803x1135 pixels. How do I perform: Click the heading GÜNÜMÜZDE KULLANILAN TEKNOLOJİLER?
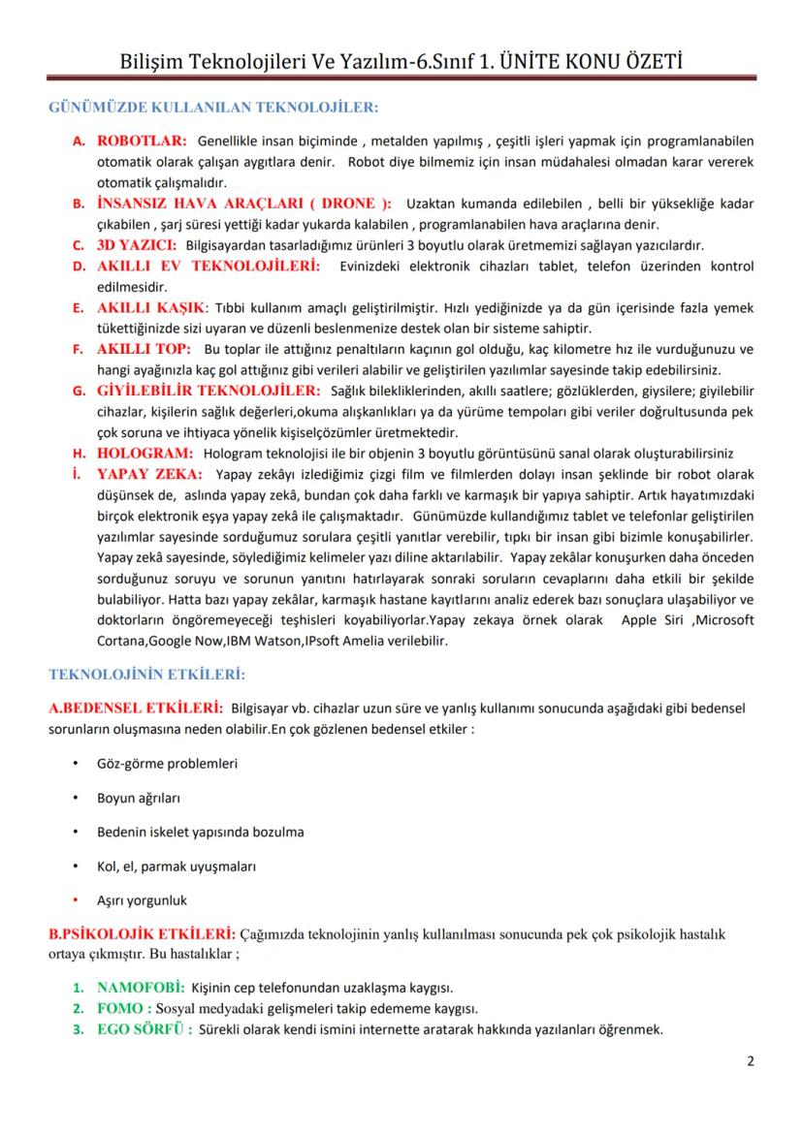pos(212,106)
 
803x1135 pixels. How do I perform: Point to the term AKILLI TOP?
pos(144,348)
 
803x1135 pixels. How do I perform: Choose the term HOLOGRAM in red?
pos(145,453)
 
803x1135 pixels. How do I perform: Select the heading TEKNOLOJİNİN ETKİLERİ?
pos(146,672)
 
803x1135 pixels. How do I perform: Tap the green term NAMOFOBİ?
pos(141,988)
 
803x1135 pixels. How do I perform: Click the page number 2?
pos(750,1060)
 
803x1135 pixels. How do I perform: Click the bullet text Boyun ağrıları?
pos(138,798)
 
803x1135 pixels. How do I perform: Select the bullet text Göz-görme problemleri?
pos(167,763)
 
